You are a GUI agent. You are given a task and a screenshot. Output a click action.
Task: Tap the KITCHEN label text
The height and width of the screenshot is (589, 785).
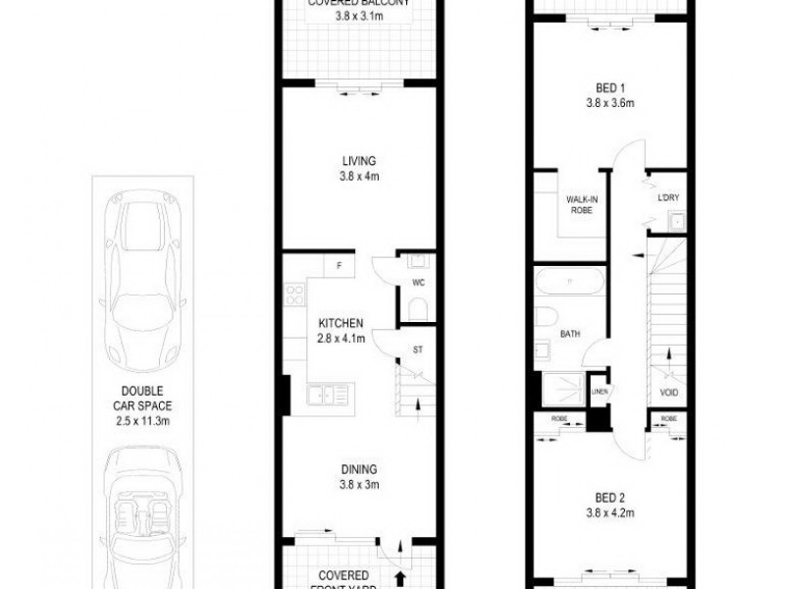pyautogui.click(x=341, y=323)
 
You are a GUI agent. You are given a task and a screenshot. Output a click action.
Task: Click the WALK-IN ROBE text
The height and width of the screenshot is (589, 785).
pyautogui.click(x=579, y=205)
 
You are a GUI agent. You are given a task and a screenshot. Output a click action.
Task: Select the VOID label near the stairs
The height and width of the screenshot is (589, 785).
pyautogui.click(x=670, y=394)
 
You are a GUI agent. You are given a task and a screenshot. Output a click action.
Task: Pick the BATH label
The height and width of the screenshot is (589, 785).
pyautogui.click(x=570, y=334)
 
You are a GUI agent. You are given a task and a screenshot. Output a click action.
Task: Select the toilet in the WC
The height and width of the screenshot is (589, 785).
pyautogui.click(x=416, y=310)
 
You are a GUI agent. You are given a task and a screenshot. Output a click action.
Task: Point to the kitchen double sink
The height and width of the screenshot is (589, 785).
pyautogui.click(x=327, y=396)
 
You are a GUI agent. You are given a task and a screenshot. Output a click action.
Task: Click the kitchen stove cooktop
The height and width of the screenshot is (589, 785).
pyautogui.click(x=292, y=294)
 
